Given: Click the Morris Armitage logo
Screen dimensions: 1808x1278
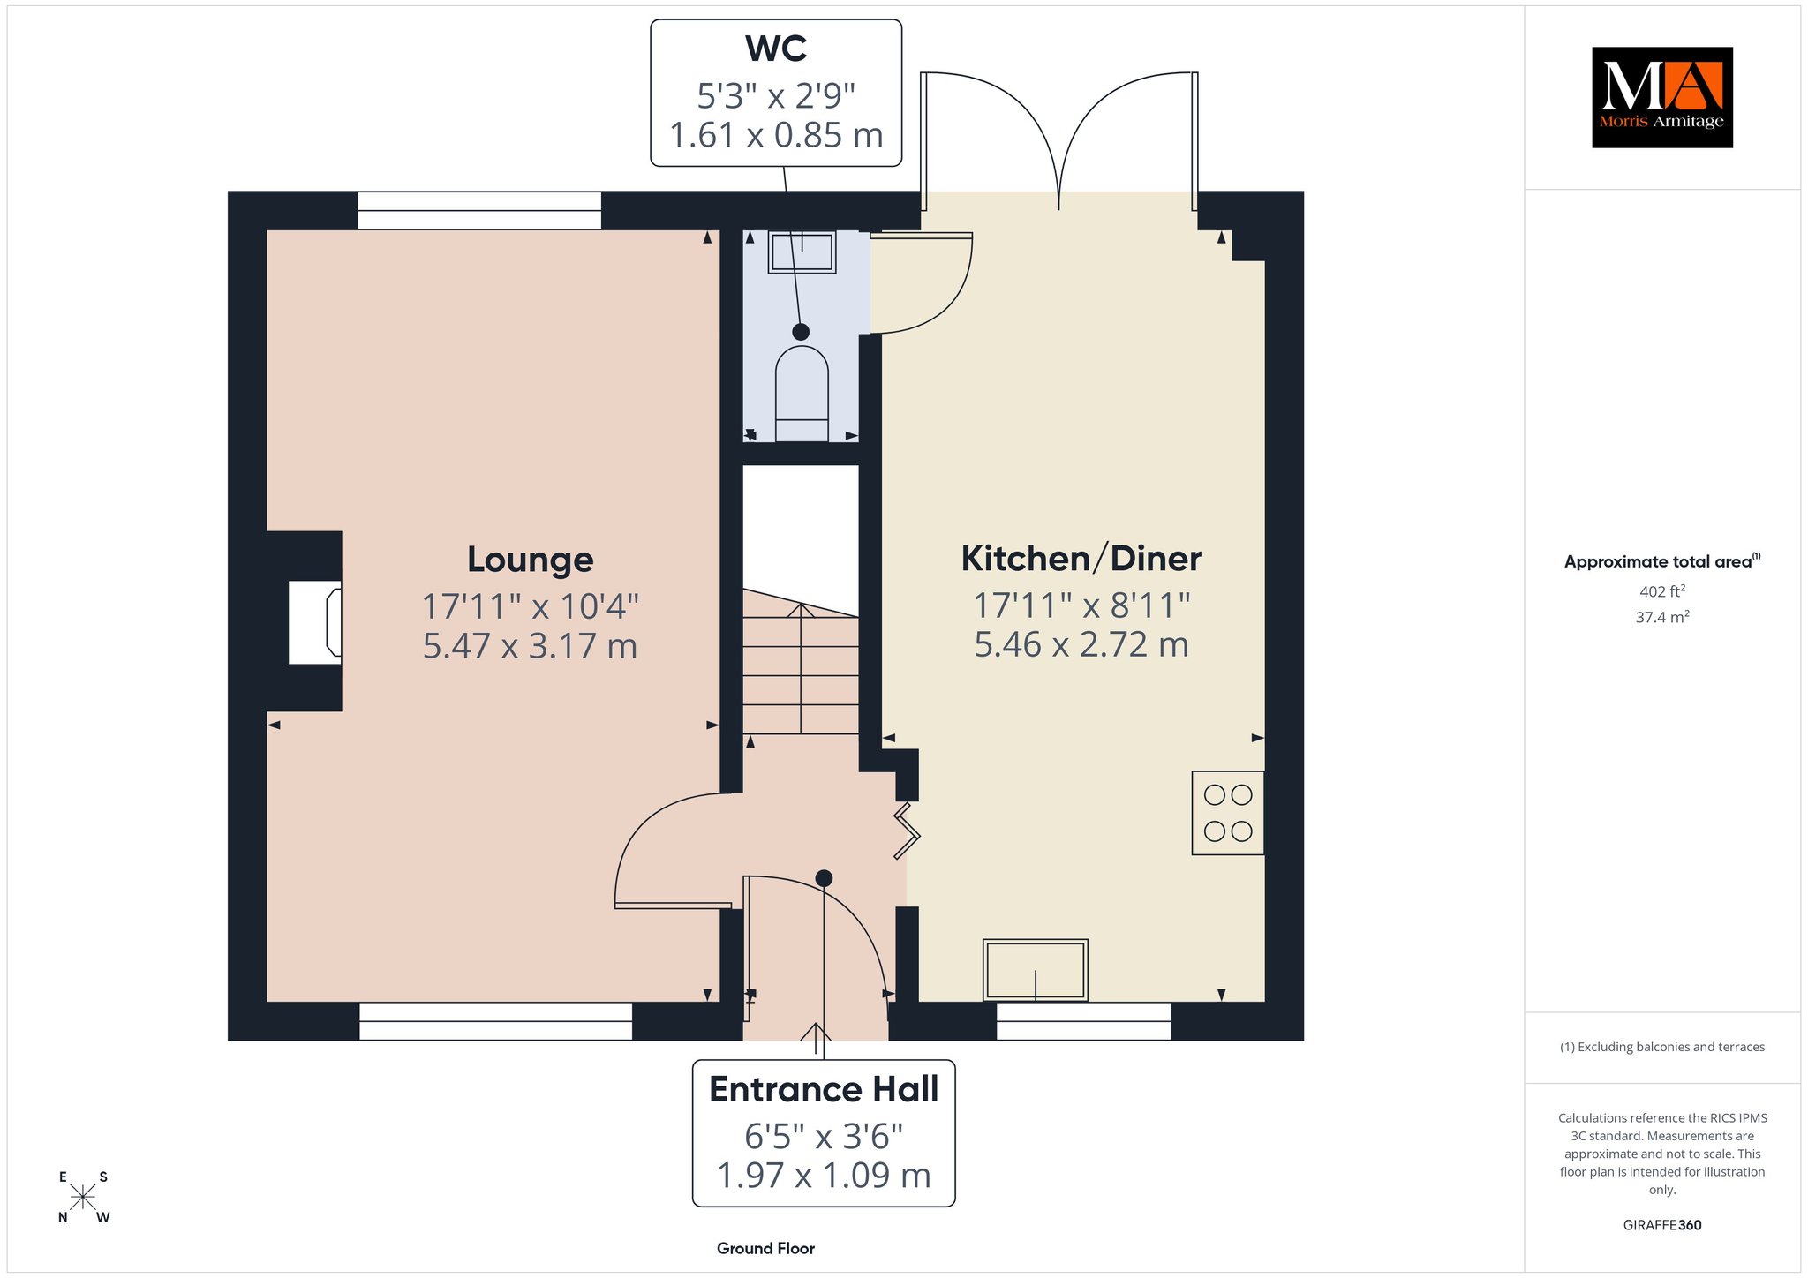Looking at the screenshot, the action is tap(1661, 97).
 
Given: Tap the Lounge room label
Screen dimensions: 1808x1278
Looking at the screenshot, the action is tap(530, 560).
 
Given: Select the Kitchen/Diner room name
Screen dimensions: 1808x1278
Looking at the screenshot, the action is tap(1081, 559).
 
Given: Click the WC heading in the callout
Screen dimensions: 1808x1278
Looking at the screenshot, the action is tap(776, 49).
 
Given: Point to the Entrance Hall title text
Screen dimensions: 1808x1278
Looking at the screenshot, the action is tap(824, 1090).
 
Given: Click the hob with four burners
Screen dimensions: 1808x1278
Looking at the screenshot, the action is tap(1228, 813).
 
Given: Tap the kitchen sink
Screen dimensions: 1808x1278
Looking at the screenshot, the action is tap(1036, 970).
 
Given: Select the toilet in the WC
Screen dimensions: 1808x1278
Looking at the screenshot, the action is tap(802, 394).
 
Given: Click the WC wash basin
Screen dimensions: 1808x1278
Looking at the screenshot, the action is tap(802, 252).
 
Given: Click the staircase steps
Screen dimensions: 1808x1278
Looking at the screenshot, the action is tap(801, 661).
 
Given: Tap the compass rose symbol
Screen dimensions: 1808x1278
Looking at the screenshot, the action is tap(83, 1198).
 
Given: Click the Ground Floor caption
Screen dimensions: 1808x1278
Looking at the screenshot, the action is tap(765, 1249).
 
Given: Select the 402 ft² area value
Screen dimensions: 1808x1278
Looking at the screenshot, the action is tap(1661, 591).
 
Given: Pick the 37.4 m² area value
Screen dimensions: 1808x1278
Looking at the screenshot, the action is tap(1661, 617).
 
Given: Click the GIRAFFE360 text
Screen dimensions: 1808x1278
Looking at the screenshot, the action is tap(1662, 1225).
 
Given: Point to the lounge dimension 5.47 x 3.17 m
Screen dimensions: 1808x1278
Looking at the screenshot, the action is tap(530, 646).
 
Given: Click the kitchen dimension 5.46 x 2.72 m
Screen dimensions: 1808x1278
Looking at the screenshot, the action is tap(1081, 644).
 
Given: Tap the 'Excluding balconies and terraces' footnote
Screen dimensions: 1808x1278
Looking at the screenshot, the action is tap(1662, 1048).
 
